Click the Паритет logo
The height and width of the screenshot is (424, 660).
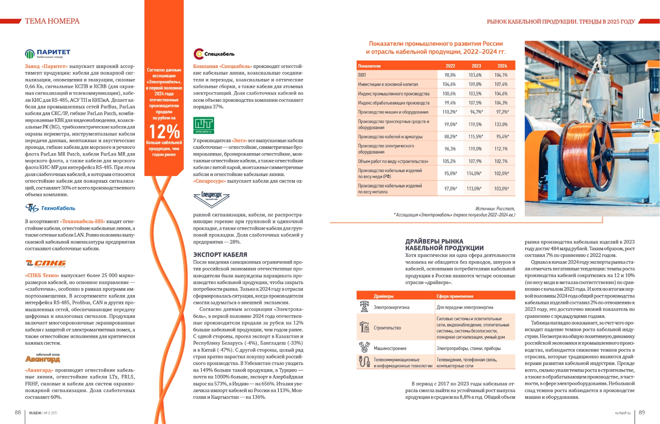(x=48, y=53)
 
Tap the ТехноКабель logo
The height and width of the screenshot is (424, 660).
(x=50, y=208)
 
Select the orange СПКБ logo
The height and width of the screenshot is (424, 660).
(x=46, y=263)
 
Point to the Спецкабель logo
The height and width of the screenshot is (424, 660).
(x=214, y=54)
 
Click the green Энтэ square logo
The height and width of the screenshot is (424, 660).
(x=203, y=125)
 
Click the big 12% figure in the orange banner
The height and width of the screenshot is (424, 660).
(x=164, y=132)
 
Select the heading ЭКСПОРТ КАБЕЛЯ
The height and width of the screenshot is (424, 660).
(x=220, y=255)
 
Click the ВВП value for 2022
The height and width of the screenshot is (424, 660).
(x=450, y=75)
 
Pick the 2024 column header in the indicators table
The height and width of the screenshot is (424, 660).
(x=502, y=66)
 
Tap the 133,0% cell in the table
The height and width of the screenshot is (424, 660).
(x=501, y=124)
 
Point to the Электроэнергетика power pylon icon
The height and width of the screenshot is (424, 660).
(x=364, y=307)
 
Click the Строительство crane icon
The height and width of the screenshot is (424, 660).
(x=364, y=327)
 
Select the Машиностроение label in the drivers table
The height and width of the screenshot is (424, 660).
(x=390, y=348)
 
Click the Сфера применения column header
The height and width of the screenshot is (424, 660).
(x=455, y=296)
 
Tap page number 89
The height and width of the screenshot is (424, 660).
(x=642, y=412)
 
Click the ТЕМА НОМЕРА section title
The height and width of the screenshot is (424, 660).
(x=52, y=21)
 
